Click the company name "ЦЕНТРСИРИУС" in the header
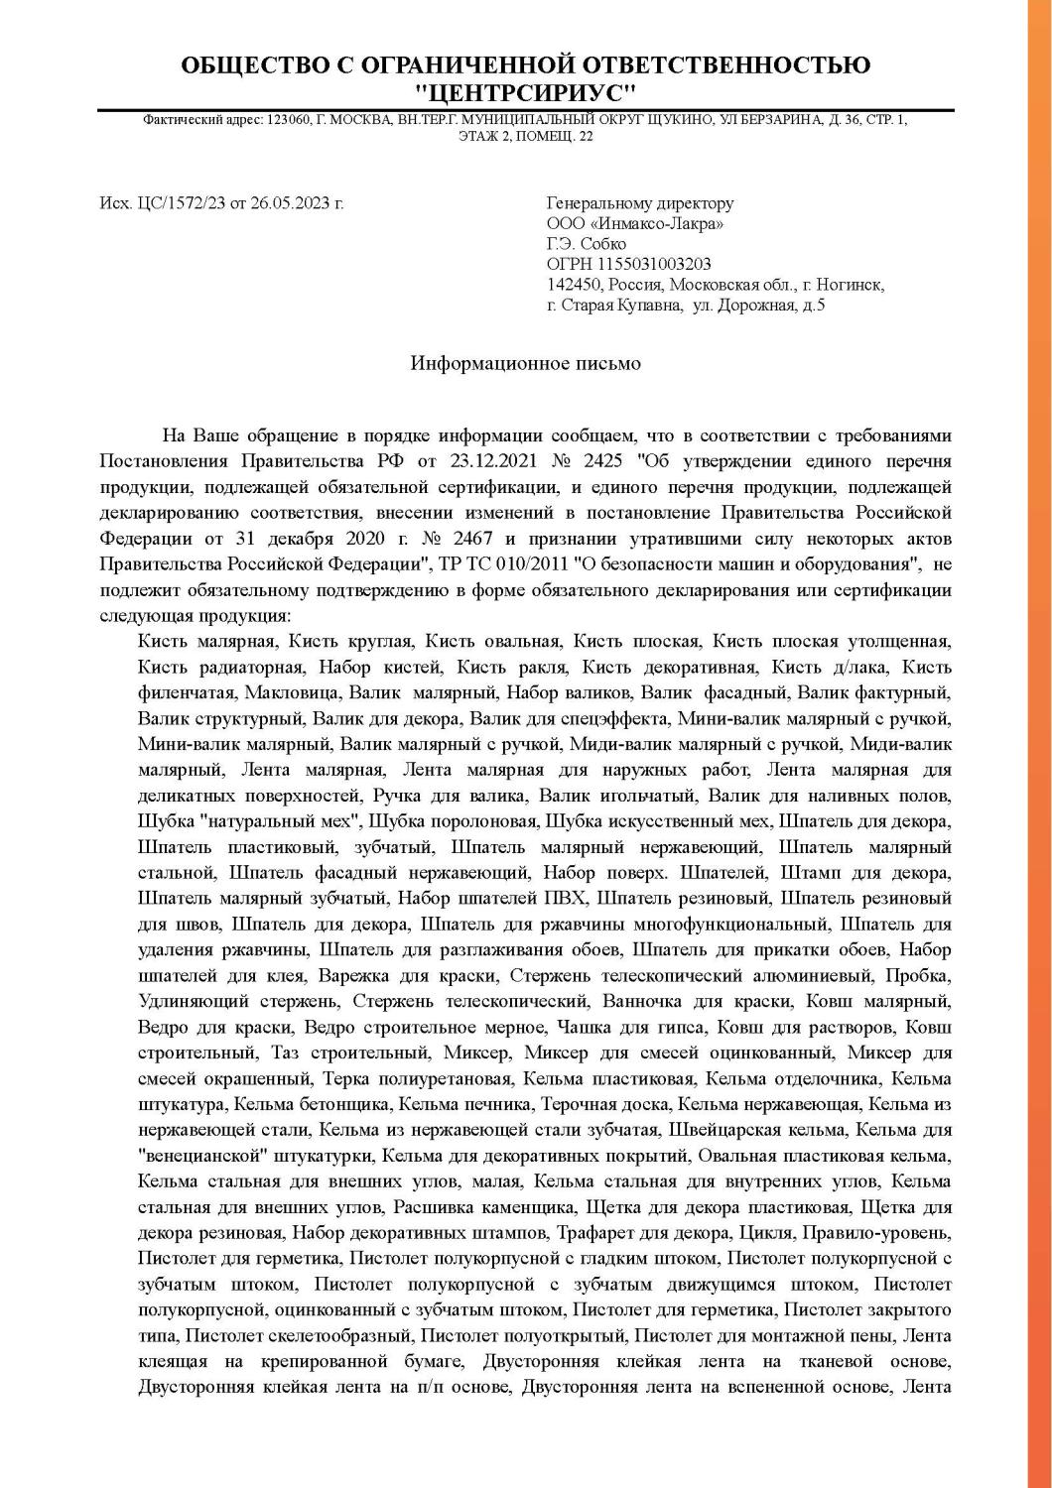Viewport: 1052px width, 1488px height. tap(525, 93)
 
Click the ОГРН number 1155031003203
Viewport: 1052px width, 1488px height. tap(654, 264)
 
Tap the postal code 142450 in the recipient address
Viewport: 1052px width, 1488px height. tap(573, 285)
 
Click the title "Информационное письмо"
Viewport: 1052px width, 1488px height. tap(526, 363)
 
